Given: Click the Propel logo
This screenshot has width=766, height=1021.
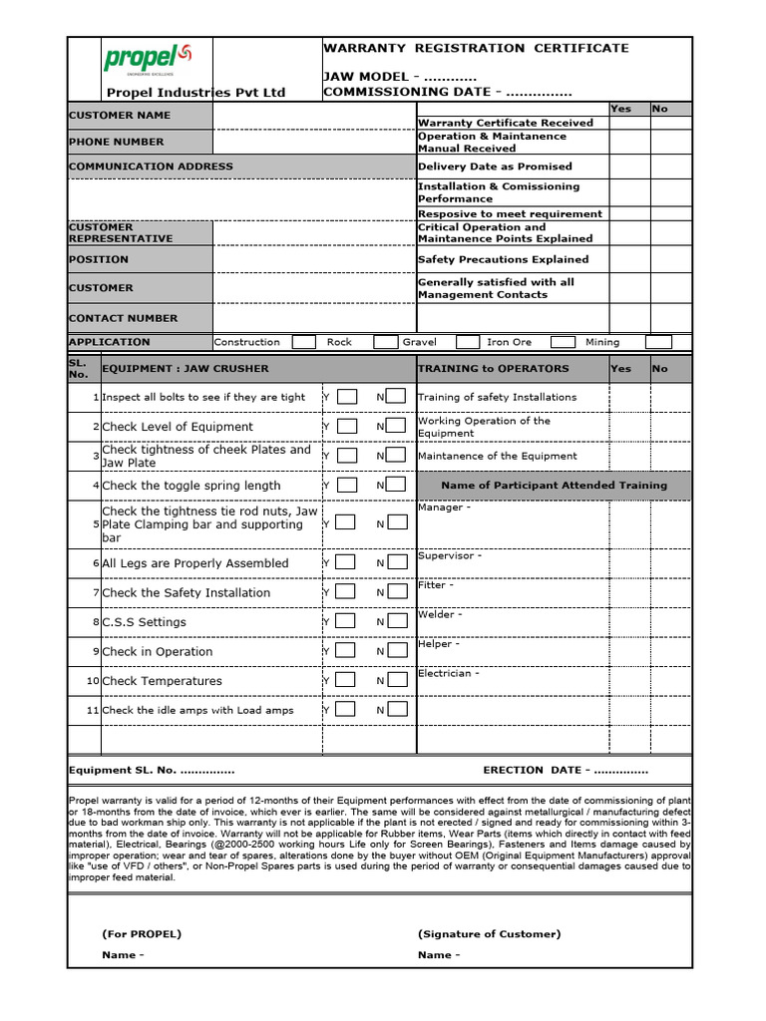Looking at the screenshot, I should click(140, 59).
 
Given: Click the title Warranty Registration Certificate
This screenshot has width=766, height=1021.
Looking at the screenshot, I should click(476, 48).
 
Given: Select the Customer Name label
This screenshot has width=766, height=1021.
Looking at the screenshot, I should click(119, 116).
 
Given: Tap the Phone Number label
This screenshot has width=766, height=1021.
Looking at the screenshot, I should click(116, 143).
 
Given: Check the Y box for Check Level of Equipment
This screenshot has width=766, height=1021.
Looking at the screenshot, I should click(346, 427).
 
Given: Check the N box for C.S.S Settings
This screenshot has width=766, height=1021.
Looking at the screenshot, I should click(396, 622).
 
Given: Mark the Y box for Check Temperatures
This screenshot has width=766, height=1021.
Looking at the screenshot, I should click(346, 681).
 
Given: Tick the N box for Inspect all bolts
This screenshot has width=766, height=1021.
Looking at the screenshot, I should click(396, 397).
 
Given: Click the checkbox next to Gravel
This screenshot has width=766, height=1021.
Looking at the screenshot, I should click(466, 342).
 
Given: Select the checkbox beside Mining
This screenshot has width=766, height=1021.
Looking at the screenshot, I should click(658, 342).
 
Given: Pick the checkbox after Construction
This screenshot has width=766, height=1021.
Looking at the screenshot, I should click(305, 342).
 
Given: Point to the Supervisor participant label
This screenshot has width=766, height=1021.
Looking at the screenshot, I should click(449, 556).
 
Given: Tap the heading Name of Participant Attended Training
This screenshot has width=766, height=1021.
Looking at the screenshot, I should click(554, 486).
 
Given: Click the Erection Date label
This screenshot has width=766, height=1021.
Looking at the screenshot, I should click(565, 771).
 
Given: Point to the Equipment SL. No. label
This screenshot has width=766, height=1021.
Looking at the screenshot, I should click(151, 771).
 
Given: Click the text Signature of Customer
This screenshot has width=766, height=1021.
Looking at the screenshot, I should click(489, 934).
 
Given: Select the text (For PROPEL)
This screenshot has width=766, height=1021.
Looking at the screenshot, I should click(142, 934).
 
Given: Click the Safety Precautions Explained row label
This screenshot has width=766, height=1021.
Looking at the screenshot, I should click(503, 260).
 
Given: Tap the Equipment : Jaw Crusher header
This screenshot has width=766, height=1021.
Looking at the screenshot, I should click(186, 368).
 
